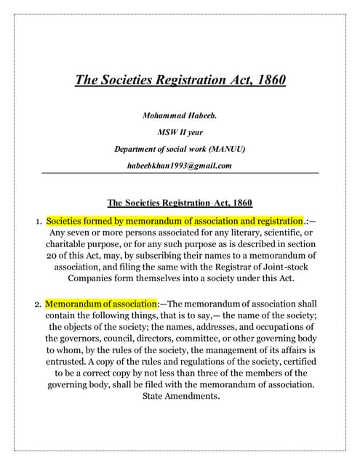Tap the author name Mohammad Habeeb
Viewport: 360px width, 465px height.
tap(180, 116)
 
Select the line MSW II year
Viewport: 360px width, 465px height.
tap(180, 132)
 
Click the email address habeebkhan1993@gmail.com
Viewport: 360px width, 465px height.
tap(180, 166)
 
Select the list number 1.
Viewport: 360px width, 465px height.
tap(38, 221)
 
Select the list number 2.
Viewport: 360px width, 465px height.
tap(38, 304)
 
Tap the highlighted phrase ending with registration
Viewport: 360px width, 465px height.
tap(174, 220)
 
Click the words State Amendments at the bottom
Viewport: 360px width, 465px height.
tap(180, 396)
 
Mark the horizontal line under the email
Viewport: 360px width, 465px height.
tap(180, 173)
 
